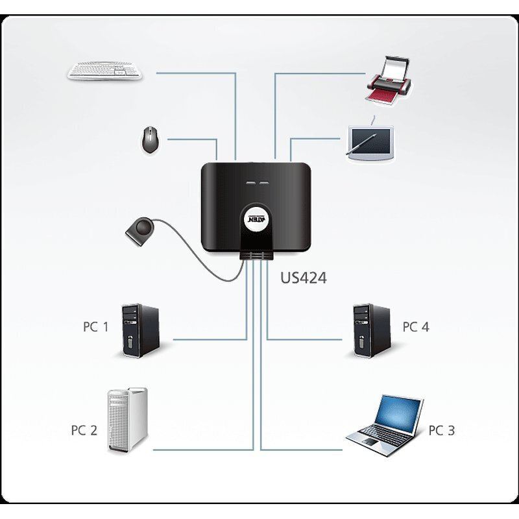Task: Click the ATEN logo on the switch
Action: coord(255,219)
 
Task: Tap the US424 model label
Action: coord(303,278)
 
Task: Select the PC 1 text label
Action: coord(95,326)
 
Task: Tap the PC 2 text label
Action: coord(84,429)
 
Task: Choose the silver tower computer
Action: coord(128,420)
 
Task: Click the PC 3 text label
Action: coord(442,429)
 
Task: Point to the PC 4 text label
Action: coord(416,326)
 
